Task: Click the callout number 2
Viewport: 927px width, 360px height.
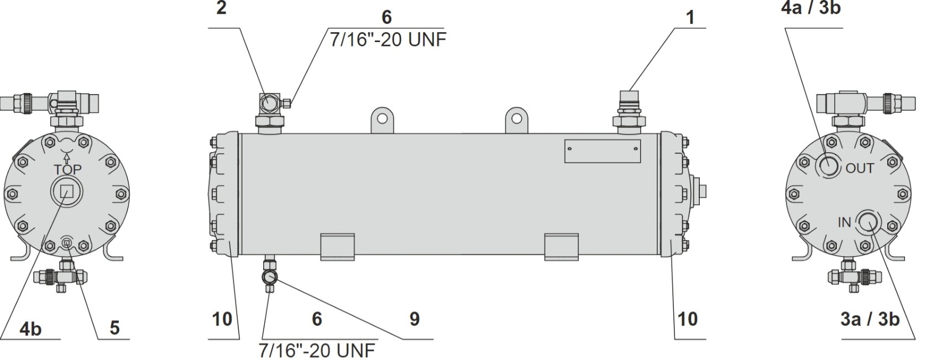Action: [222, 8]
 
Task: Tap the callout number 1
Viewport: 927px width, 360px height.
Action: [690, 17]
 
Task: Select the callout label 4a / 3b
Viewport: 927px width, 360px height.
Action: [811, 8]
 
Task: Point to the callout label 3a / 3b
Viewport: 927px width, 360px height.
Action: [870, 320]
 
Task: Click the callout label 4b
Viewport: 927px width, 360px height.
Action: [30, 330]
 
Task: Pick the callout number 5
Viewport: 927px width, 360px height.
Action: [114, 328]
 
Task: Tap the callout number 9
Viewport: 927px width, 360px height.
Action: [415, 319]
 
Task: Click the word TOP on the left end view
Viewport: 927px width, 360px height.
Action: [67, 169]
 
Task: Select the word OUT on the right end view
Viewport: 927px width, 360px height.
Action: [860, 169]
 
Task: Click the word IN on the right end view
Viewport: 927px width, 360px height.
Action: [844, 223]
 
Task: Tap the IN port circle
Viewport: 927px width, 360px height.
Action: [868, 223]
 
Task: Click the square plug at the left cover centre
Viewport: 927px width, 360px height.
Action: [67, 191]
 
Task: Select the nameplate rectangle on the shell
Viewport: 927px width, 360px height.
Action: [603, 151]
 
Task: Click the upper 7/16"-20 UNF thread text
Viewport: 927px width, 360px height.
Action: [388, 40]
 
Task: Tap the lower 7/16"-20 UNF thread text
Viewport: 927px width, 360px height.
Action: [317, 351]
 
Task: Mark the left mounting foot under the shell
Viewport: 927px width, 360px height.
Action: [338, 247]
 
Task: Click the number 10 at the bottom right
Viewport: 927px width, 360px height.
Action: [688, 319]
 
